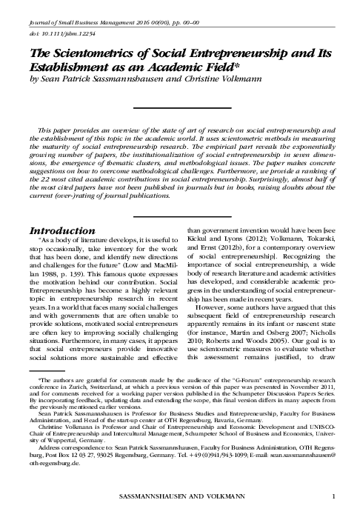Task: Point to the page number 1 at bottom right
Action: [335, 495]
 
